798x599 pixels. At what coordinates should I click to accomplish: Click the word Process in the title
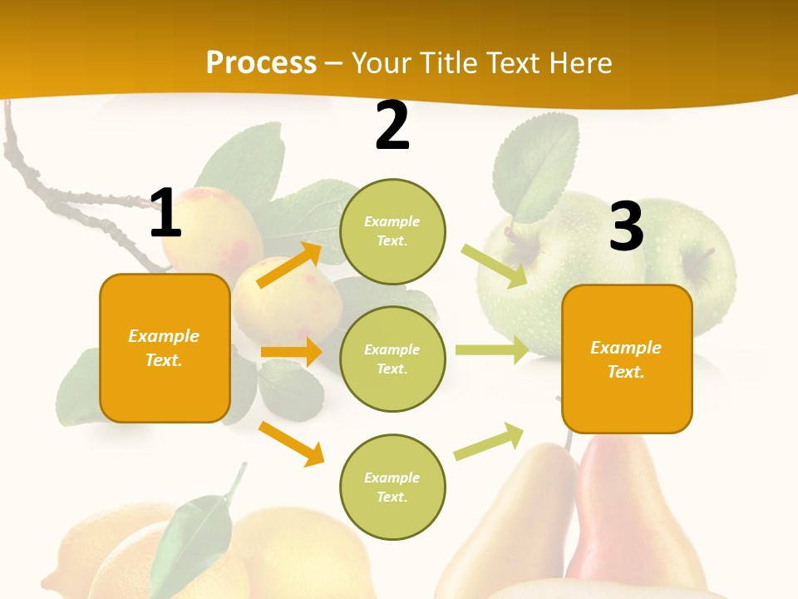261,62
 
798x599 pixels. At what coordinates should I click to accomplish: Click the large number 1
165,214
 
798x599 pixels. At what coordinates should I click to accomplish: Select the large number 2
392,126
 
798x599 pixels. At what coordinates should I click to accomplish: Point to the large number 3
626,226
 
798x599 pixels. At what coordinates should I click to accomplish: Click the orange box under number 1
165,348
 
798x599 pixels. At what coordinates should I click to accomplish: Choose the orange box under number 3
627,359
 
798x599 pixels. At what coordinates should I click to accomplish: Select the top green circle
392,231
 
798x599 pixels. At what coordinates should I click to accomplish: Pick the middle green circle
392,359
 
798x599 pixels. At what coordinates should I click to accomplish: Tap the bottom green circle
392,487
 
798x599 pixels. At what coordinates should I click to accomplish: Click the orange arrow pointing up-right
289,265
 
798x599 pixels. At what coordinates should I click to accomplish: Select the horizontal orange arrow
291,352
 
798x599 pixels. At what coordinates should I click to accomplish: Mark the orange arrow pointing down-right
292,443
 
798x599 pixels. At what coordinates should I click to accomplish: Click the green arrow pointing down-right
494,266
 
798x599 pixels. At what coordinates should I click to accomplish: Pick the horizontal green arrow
491,350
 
